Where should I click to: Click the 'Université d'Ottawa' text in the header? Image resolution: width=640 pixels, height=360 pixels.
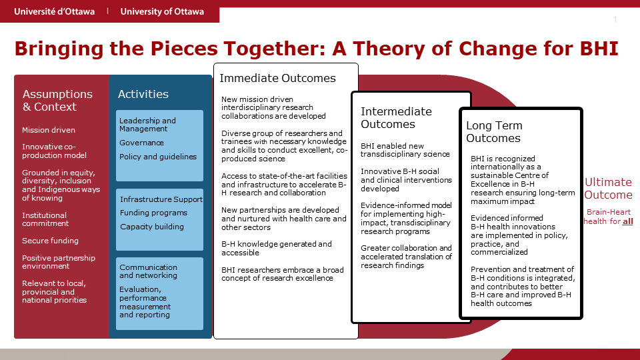[x=54, y=11]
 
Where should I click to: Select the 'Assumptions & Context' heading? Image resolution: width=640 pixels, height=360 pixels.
[x=57, y=101]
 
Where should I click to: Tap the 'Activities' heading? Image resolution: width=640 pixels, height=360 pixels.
[x=143, y=95]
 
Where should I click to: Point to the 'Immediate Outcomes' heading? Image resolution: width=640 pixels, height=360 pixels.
[x=278, y=79]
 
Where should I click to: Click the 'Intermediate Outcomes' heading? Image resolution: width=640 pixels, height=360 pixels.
[x=396, y=118]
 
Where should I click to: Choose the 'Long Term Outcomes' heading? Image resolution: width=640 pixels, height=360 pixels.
[x=494, y=132]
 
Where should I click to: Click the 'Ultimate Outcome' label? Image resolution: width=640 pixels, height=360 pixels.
[x=608, y=189]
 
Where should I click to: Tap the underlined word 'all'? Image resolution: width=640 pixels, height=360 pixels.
[x=627, y=221]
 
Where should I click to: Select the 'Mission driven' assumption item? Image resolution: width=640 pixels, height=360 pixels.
[x=49, y=130]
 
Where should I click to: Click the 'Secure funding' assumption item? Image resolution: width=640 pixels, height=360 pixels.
[x=50, y=241]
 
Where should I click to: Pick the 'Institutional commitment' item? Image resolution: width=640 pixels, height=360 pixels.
[x=45, y=220]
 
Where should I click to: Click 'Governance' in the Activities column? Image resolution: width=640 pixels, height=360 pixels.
[x=141, y=143]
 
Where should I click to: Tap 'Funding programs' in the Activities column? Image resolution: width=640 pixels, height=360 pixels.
[x=153, y=213]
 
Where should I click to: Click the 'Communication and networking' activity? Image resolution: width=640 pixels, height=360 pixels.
[x=148, y=271]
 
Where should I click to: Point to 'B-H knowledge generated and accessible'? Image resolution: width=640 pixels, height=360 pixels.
[x=277, y=249]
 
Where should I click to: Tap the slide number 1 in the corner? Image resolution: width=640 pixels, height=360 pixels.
[x=615, y=20]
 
